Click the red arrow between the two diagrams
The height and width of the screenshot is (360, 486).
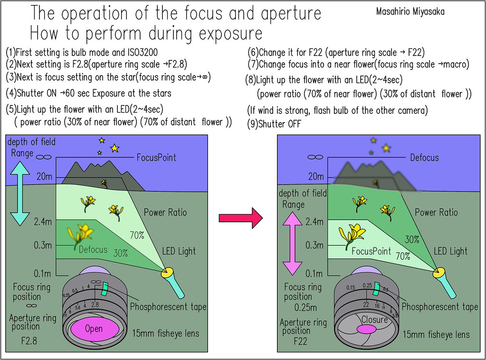(240, 218)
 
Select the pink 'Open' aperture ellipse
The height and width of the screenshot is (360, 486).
(94, 329)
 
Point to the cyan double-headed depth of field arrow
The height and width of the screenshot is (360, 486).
(20, 193)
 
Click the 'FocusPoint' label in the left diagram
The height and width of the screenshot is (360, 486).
(156, 157)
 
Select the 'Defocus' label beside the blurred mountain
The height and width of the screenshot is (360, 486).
(424, 158)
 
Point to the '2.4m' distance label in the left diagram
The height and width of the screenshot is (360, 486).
(43, 221)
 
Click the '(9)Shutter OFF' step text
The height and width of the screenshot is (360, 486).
(275, 124)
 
